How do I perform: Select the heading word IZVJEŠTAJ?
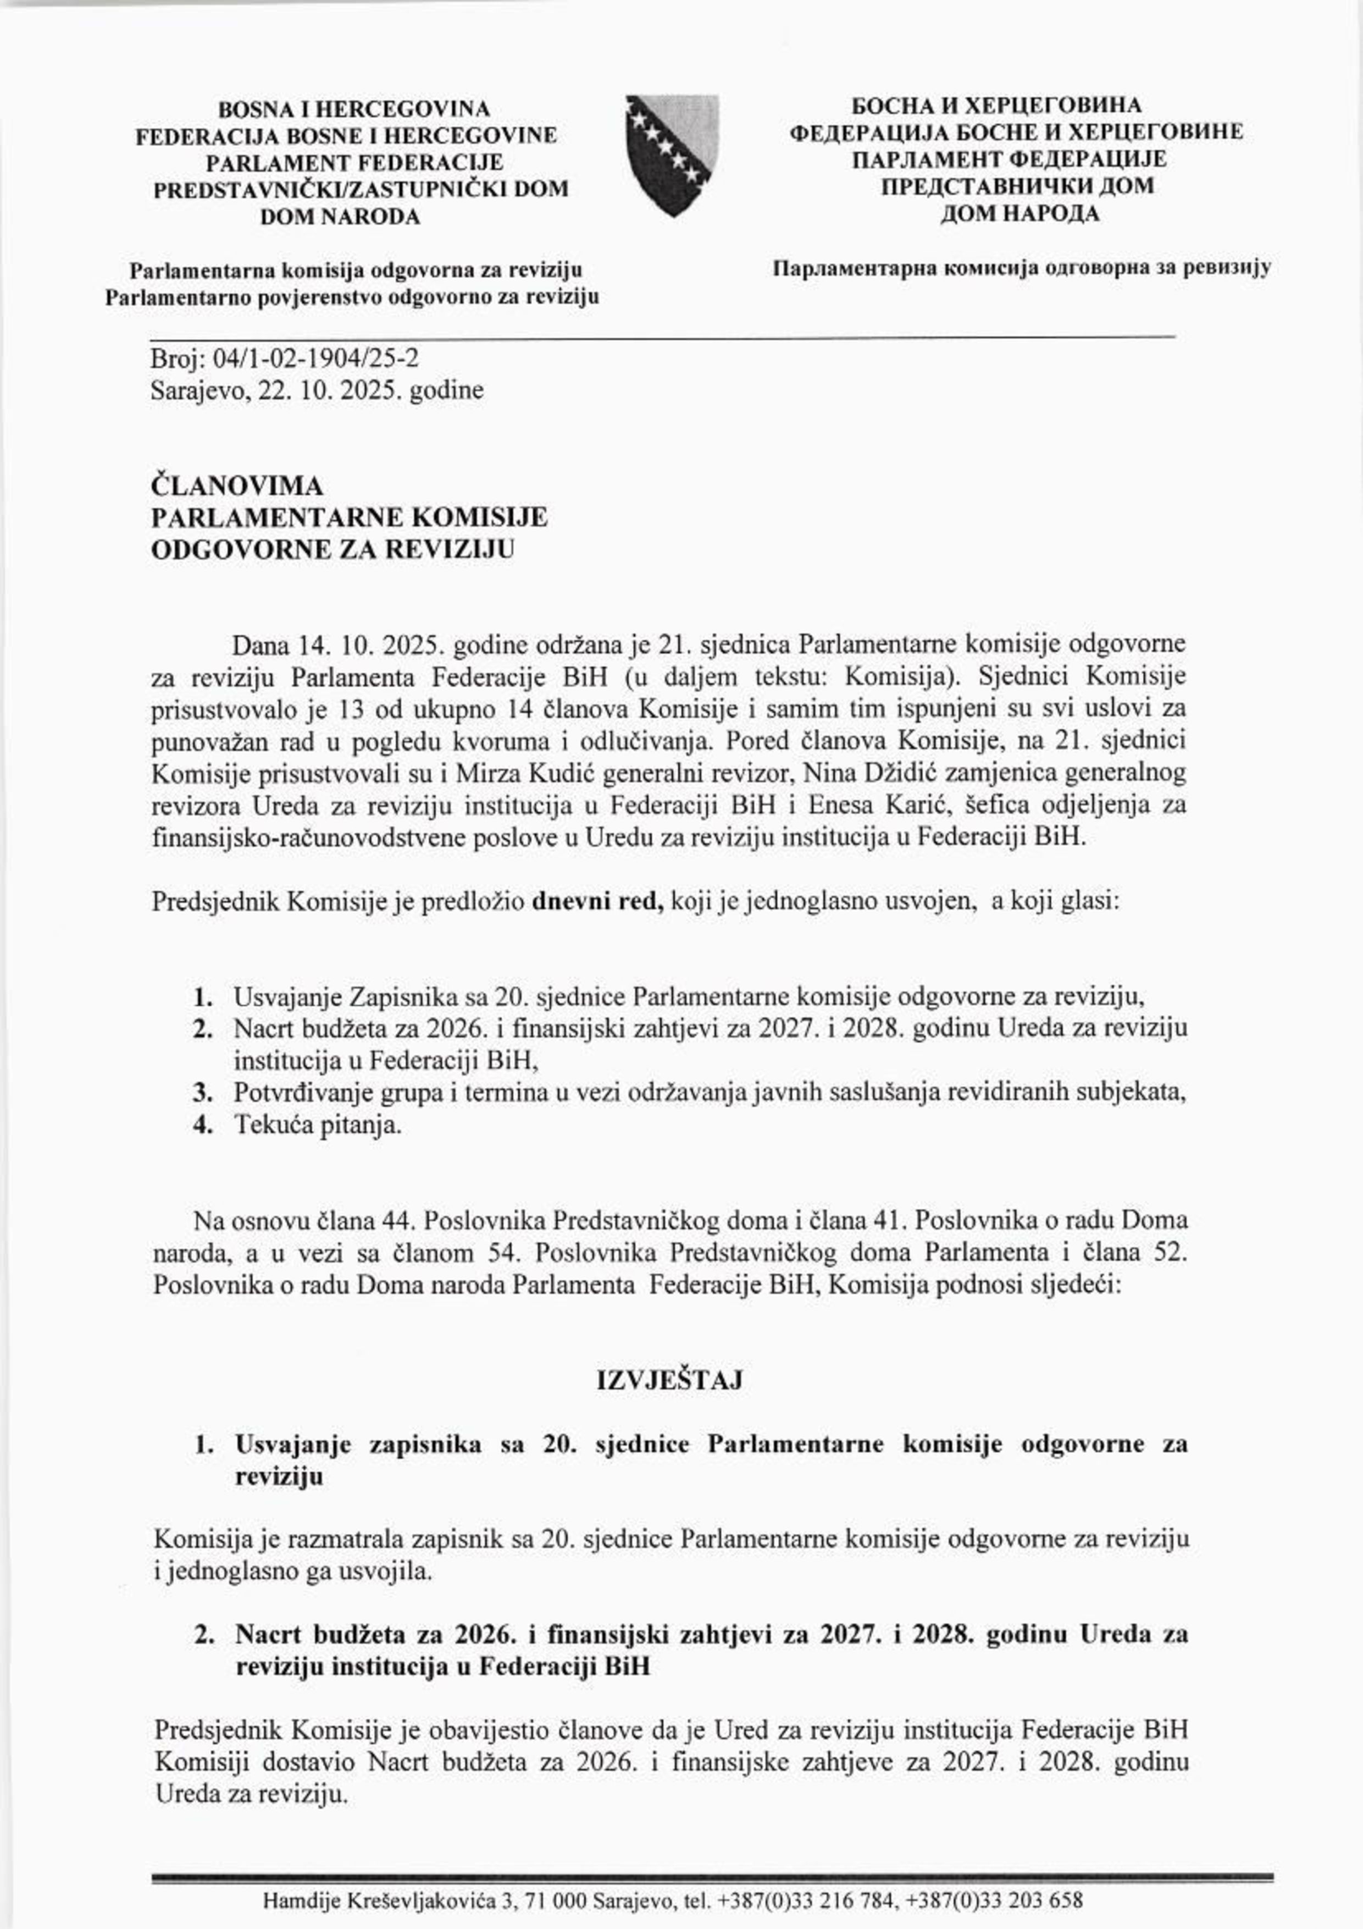(669, 1381)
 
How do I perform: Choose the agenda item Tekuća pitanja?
(318, 1126)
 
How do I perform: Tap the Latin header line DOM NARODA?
(340, 217)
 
